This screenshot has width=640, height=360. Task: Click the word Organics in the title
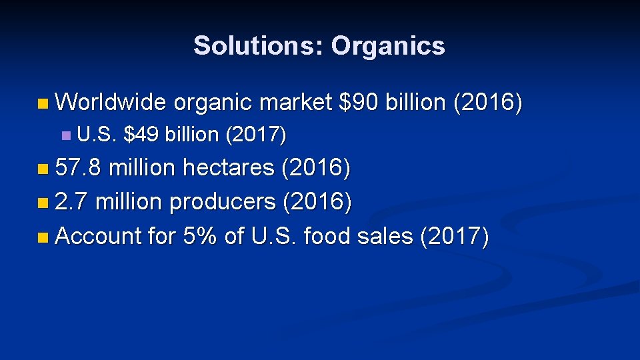pos(388,46)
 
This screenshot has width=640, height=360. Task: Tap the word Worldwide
pos(111,103)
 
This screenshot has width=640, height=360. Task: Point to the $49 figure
pos(141,135)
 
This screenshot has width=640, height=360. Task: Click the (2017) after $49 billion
pos(256,135)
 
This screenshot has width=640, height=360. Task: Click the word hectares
pos(228,168)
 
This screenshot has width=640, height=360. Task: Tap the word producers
pos(223,202)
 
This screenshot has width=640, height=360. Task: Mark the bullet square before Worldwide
pos(43,103)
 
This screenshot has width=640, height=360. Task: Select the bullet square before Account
pos(43,236)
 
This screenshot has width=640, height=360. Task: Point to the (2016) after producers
pos(317,201)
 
